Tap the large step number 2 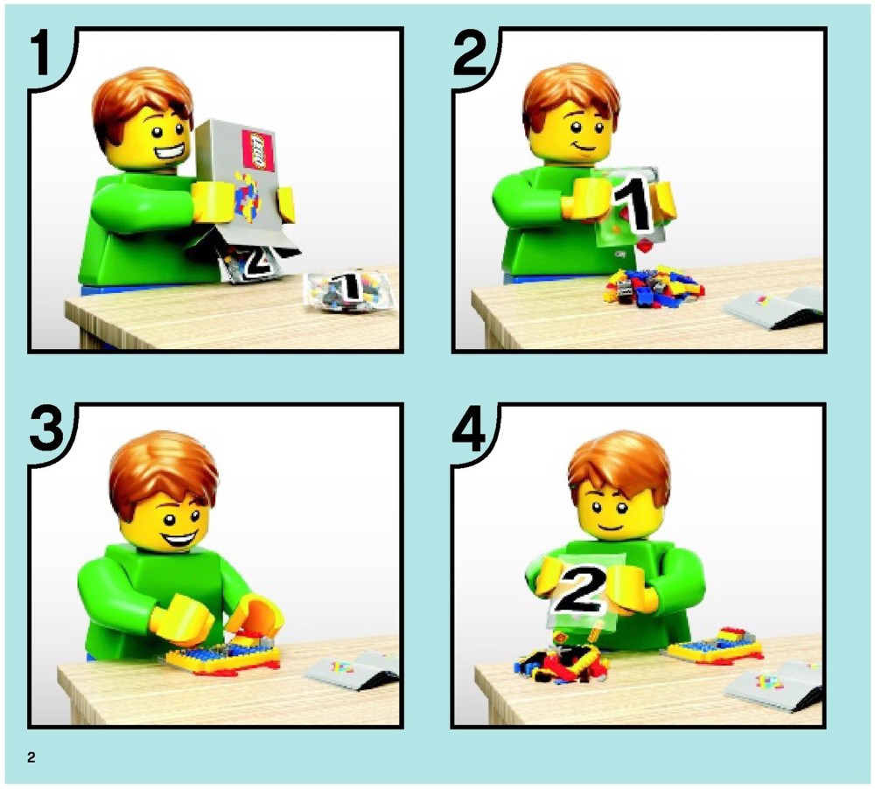(x=471, y=53)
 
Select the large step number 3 (x=47, y=429)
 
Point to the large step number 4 (x=469, y=429)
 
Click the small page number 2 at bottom (x=31, y=758)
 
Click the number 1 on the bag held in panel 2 (x=633, y=204)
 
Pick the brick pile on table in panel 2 (x=654, y=287)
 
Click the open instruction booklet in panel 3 (x=353, y=669)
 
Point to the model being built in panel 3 (x=223, y=657)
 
